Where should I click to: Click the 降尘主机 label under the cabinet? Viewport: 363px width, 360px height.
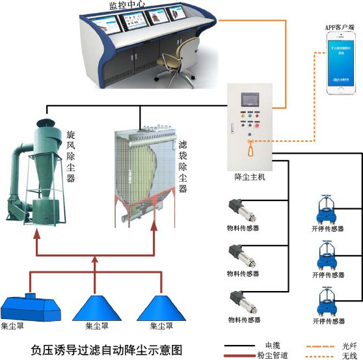click(x=249, y=176)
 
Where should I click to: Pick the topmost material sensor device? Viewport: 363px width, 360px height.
click(x=234, y=210)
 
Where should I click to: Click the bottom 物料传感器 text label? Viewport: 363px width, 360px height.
click(x=244, y=320)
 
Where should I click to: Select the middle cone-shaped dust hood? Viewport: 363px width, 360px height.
click(x=96, y=305)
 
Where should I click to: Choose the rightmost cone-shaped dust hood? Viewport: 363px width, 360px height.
click(x=161, y=305)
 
